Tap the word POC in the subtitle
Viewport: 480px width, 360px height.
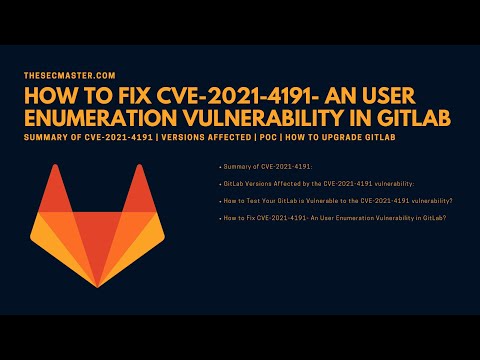coord(273,136)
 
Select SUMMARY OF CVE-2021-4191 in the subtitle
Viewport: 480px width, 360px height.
coord(88,136)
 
